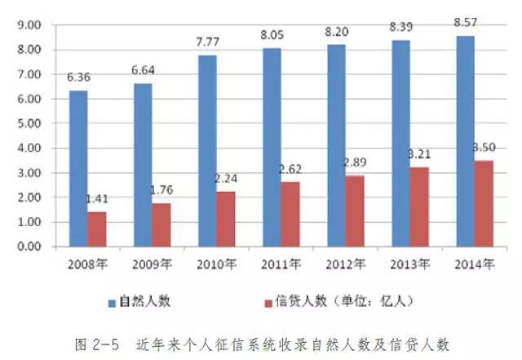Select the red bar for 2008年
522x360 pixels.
97,229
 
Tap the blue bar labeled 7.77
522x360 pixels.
207,151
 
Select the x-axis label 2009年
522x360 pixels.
153,263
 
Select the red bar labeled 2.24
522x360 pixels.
226,219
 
